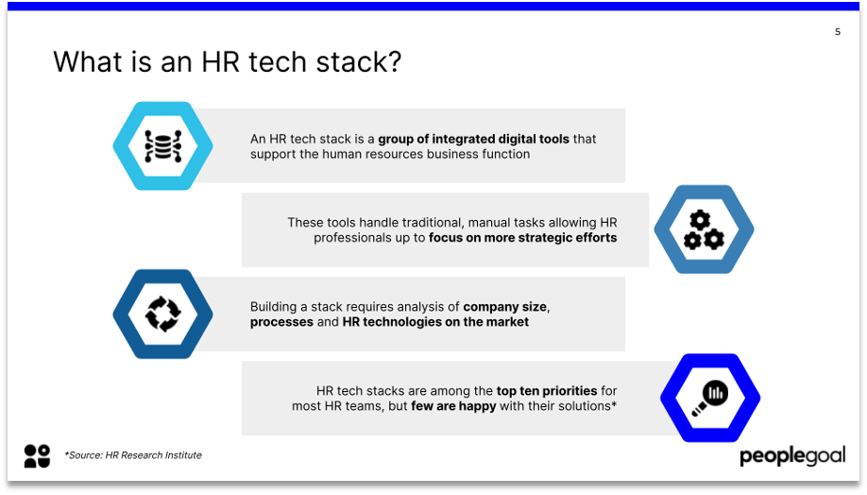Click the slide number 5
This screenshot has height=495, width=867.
click(x=837, y=32)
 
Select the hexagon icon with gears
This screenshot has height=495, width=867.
click(x=704, y=230)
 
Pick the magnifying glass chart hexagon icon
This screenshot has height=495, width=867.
click(x=709, y=397)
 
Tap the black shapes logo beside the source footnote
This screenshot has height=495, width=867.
click(x=37, y=455)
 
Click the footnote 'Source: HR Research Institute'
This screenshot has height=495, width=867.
click(x=133, y=455)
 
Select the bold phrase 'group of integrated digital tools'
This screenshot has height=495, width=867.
click(x=473, y=139)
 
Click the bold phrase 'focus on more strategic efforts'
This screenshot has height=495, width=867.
click(x=522, y=238)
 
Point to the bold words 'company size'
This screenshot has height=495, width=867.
click(x=505, y=307)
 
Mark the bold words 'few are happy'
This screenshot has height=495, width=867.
click(x=453, y=406)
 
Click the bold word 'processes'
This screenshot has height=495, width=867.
click(x=281, y=322)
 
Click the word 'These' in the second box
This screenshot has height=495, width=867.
click(x=305, y=223)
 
